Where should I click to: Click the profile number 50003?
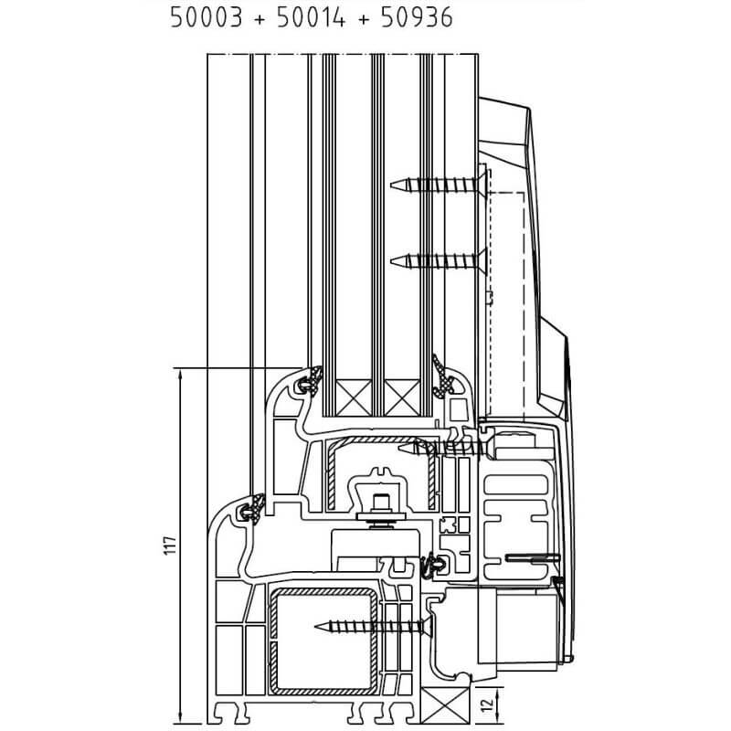pyautogui.click(x=207, y=17)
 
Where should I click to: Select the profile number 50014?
pyautogui.click(x=311, y=17)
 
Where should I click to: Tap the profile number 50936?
pyautogui.click(x=417, y=17)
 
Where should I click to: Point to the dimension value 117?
pyautogui.click(x=171, y=546)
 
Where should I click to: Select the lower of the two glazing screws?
pyautogui.click(x=439, y=260)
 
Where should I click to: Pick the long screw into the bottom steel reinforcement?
pyautogui.click(x=373, y=626)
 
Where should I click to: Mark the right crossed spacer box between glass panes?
pyautogui.click(x=402, y=397)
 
